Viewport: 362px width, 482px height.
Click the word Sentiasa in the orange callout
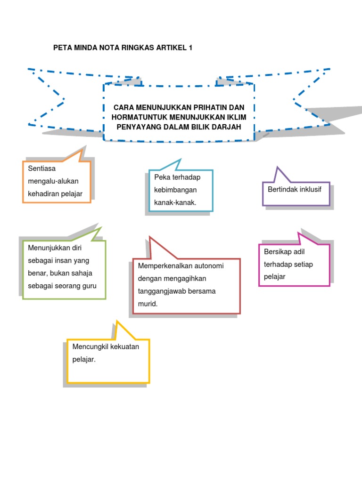coord(41,168)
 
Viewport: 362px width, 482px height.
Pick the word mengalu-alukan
coord(53,181)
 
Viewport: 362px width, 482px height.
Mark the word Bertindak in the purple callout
coord(282,189)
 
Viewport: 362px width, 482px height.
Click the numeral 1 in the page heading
coord(190,48)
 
